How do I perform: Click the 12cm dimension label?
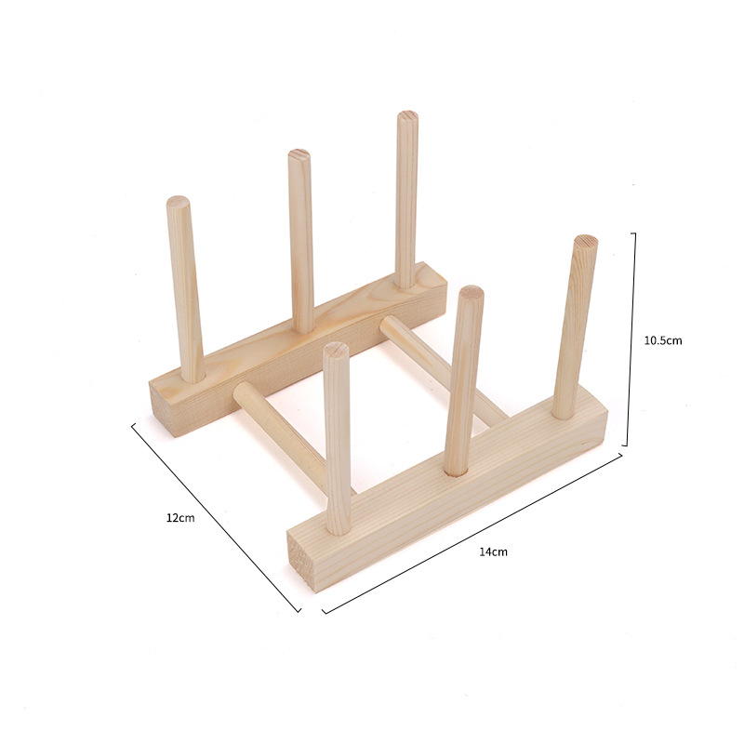coord(180,517)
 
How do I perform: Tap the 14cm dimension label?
coord(493,551)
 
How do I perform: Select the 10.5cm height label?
coord(663,340)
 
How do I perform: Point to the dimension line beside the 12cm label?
coord(216,517)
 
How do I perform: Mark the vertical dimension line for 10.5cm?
coord(634,339)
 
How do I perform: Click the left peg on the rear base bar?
coord(186,288)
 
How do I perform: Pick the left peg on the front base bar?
coord(338,437)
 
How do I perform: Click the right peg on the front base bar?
coord(575,325)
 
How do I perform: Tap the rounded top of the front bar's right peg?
coord(586,242)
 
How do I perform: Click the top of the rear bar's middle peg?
coord(299,155)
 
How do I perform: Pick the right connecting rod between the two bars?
coord(442,367)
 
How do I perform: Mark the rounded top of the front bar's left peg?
coord(337,350)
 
